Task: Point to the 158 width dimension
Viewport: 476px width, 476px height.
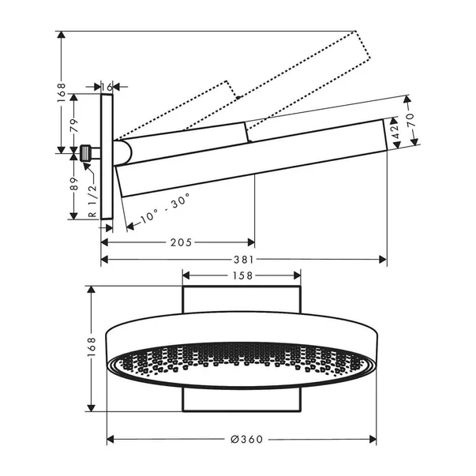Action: point(242,275)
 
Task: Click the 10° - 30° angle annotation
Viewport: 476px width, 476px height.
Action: point(163,207)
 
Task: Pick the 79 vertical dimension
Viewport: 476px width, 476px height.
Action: point(73,124)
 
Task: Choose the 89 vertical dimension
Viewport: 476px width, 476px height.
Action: point(73,185)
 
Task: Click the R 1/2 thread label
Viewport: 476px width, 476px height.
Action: point(92,200)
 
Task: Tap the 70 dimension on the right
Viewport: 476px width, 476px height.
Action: point(410,122)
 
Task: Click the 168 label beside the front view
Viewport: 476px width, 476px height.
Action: point(92,348)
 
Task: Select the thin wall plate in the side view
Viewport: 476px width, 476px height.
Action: point(107,158)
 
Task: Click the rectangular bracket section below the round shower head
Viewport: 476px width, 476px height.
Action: point(242,401)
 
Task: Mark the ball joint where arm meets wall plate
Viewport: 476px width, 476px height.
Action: point(122,152)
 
